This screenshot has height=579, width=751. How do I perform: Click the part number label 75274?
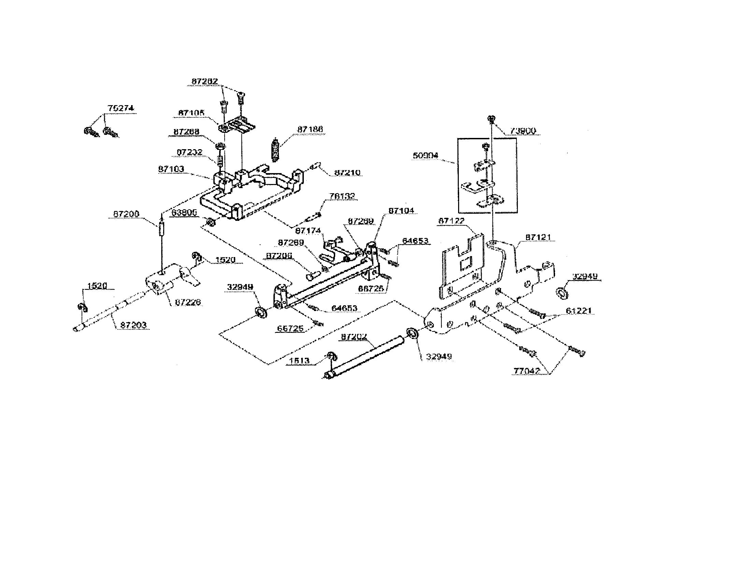pos(121,108)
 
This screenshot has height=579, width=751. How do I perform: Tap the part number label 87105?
pos(191,113)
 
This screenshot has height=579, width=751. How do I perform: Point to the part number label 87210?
pos(347,172)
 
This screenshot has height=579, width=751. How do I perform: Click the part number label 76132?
pos(342,196)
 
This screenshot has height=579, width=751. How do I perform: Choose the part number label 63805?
pos(184,213)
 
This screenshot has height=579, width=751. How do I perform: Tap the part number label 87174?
pos(308,231)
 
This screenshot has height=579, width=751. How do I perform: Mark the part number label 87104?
pos(401,210)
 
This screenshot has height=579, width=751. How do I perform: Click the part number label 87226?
pos(188,302)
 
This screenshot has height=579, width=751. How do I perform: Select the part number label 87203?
pos(133,325)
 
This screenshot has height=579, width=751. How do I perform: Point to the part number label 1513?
pos(299,361)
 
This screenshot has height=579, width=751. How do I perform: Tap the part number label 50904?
pos(425,155)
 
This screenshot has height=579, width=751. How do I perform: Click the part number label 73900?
pos(523,131)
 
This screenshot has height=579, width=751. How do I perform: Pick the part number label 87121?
pos(538,237)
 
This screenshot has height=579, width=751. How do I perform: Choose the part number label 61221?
pos(579,311)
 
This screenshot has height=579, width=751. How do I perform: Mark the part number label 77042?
pos(526,371)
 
